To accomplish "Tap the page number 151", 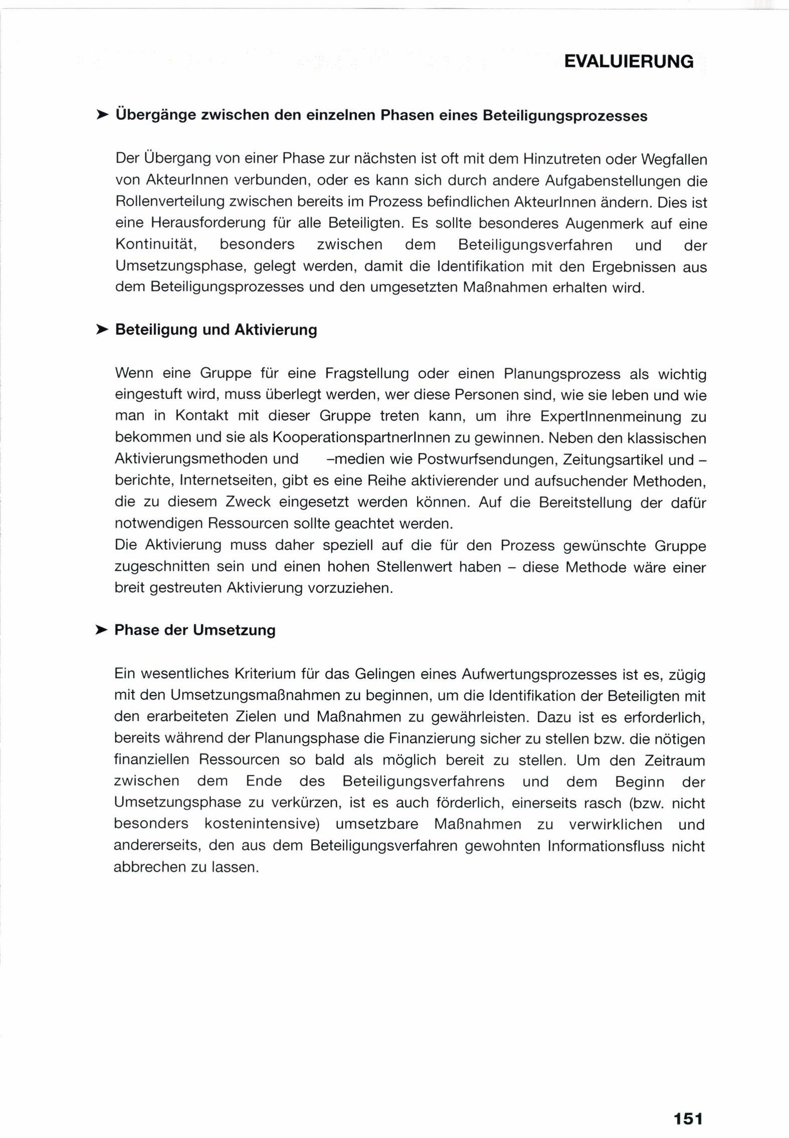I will pos(688,1104).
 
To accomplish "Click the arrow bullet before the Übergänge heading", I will pos(102,115).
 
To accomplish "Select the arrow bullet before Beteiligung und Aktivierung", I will pos(101,329).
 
